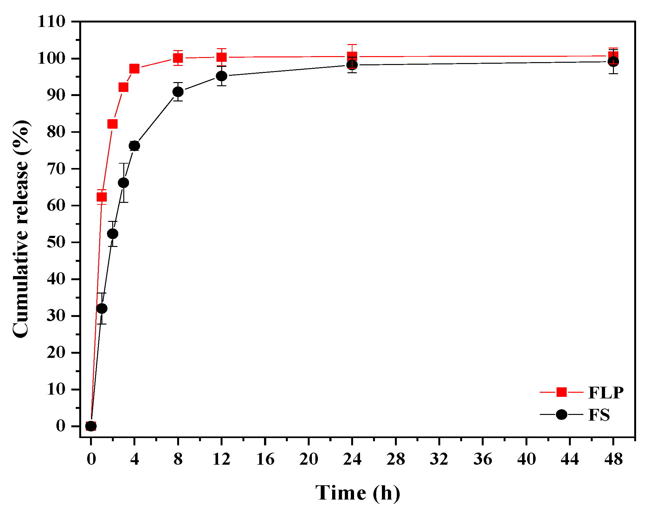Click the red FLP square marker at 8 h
[x=178, y=58]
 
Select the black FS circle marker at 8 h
[x=178, y=92]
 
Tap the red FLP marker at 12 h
[x=222, y=57]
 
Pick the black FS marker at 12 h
[x=222, y=76]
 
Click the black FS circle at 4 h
[x=134, y=146]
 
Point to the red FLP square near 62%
[x=101, y=197]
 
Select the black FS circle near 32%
[x=101, y=308]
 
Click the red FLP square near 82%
[x=113, y=124]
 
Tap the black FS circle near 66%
[x=123, y=183]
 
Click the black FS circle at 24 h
[x=352, y=65]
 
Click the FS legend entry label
[x=599, y=415]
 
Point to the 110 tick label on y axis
[x=51, y=22]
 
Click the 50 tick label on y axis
[x=56, y=242]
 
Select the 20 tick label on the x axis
[x=308, y=459]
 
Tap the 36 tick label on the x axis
[x=482, y=459]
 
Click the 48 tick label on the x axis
[x=613, y=459]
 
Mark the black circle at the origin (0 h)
[x=91, y=426]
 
